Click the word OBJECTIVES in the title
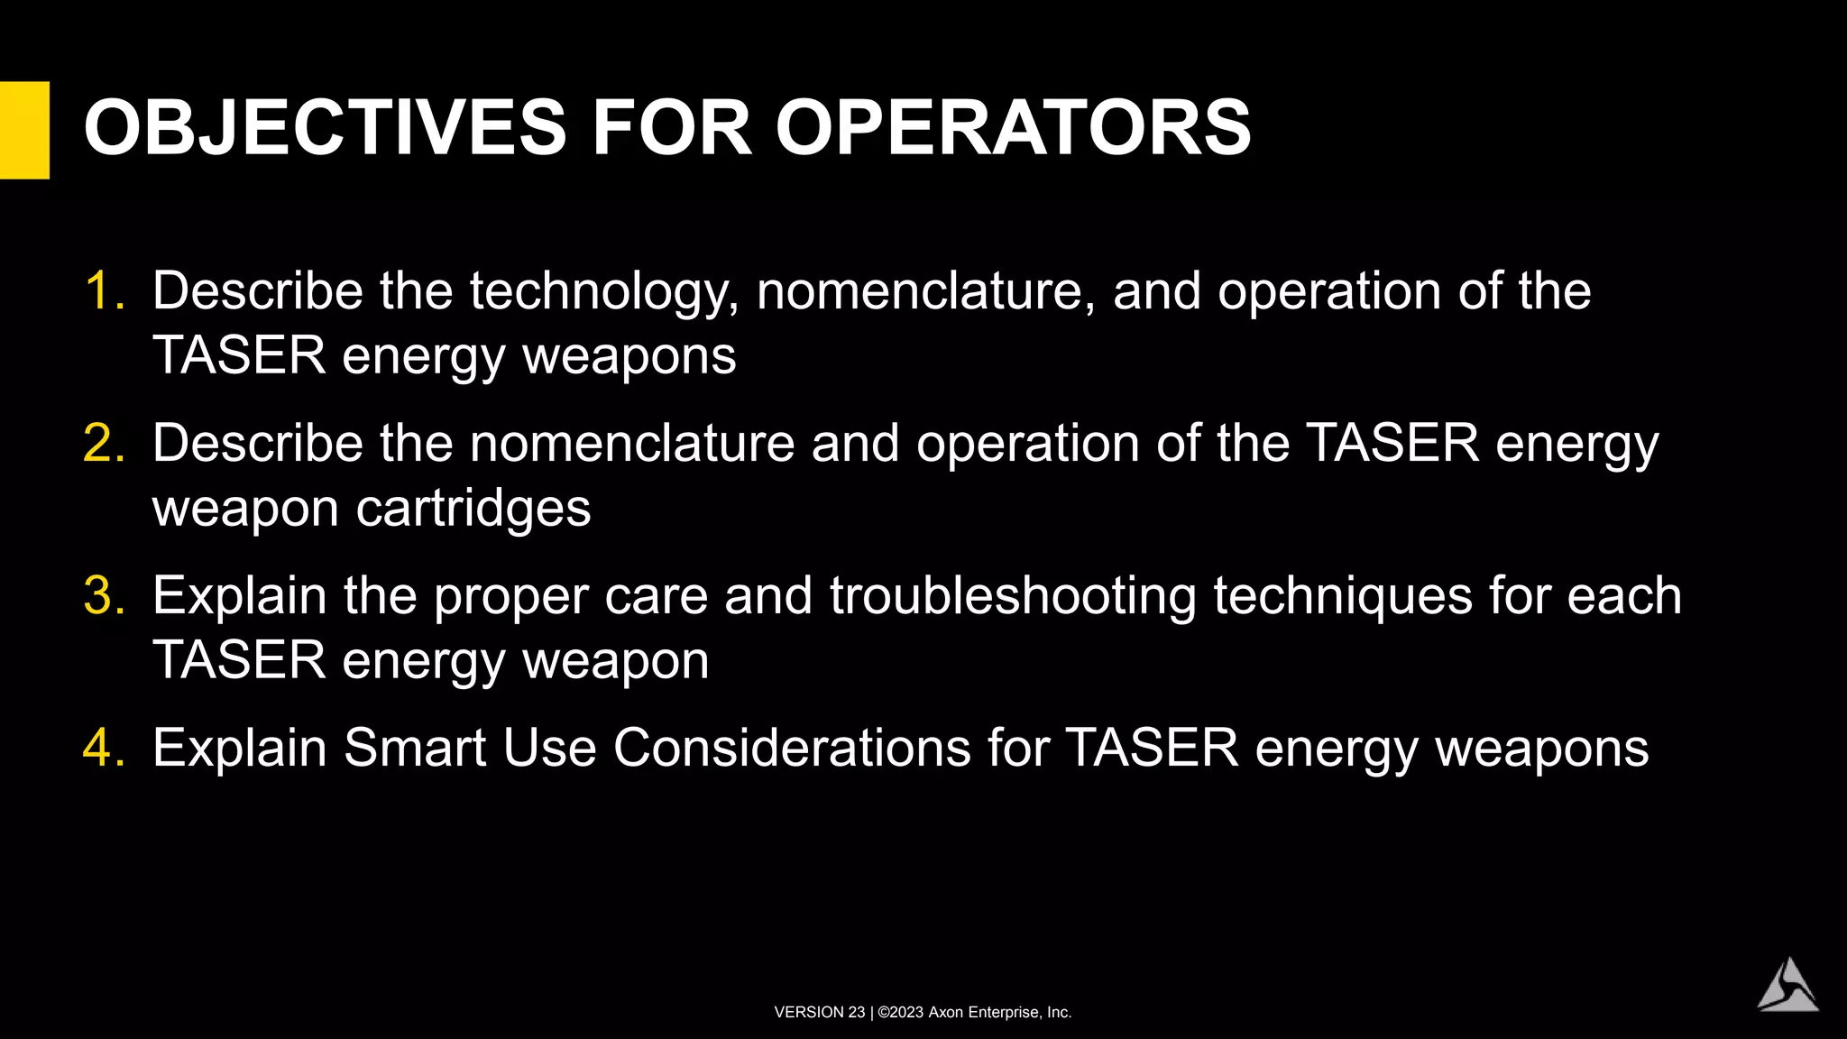[x=325, y=128]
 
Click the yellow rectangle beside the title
[x=24, y=130]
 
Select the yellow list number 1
[x=103, y=291]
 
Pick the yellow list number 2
[x=103, y=444]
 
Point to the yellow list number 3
[x=103, y=596]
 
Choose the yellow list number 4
[x=103, y=749]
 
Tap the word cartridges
[x=473, y=509]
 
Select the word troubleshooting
[x=1013, y=597]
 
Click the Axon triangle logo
[x=1787, y=986]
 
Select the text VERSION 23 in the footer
[x=819, y=1013]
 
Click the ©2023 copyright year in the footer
[x=901, y=1013]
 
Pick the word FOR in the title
[x=671, y=128]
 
